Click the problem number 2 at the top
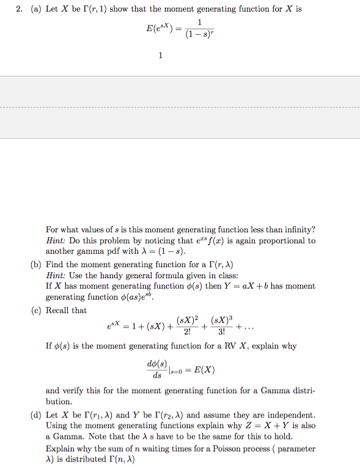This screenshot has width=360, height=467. coord(20,9)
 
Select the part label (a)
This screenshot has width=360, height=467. coord(35,9)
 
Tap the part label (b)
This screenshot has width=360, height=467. coord(35,264)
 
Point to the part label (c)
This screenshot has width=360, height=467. coord(35,311)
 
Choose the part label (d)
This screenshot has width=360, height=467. coord(35,415)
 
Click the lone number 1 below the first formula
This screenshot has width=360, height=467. coord(160,56)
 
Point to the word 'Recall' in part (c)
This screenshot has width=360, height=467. coord(59,311)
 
